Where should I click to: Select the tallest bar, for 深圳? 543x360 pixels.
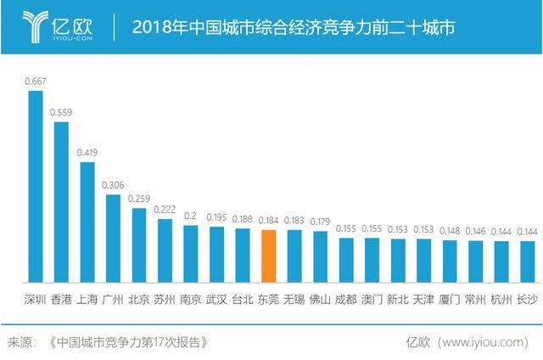point(35,186)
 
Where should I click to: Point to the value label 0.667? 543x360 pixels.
point(35,82)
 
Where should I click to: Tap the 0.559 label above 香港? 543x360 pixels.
point(61,112)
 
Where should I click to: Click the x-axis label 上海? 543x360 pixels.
point(87,299)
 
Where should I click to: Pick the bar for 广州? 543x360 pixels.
point(113,238)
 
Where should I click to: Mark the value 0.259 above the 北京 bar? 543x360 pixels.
point(138,199)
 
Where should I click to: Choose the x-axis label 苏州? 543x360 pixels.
point(165,299)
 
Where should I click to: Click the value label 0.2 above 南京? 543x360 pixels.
point(191,217)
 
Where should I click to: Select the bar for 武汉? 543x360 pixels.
point(216,254)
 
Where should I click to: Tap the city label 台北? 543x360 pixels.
point(243,299)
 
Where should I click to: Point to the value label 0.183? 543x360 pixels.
point(294,221)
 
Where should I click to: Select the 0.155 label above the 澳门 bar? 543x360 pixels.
point(372,228)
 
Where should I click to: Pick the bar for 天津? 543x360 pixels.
point(424,260)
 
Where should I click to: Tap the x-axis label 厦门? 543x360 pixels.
point(450,299)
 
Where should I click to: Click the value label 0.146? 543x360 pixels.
point(476,231)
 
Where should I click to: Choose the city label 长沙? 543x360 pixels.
point(528,299)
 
